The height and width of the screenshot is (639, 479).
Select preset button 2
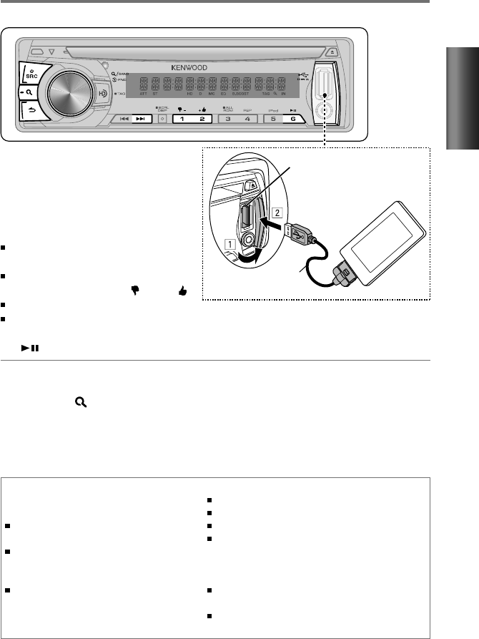pos(202,119)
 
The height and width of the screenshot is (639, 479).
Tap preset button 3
pos(228,119)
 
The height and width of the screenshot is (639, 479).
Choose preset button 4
pos(248,119)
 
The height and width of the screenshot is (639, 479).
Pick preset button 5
pos(273,119)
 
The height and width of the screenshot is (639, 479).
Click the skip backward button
pos(123,119)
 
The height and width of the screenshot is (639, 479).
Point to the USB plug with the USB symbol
pos(298,234)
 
